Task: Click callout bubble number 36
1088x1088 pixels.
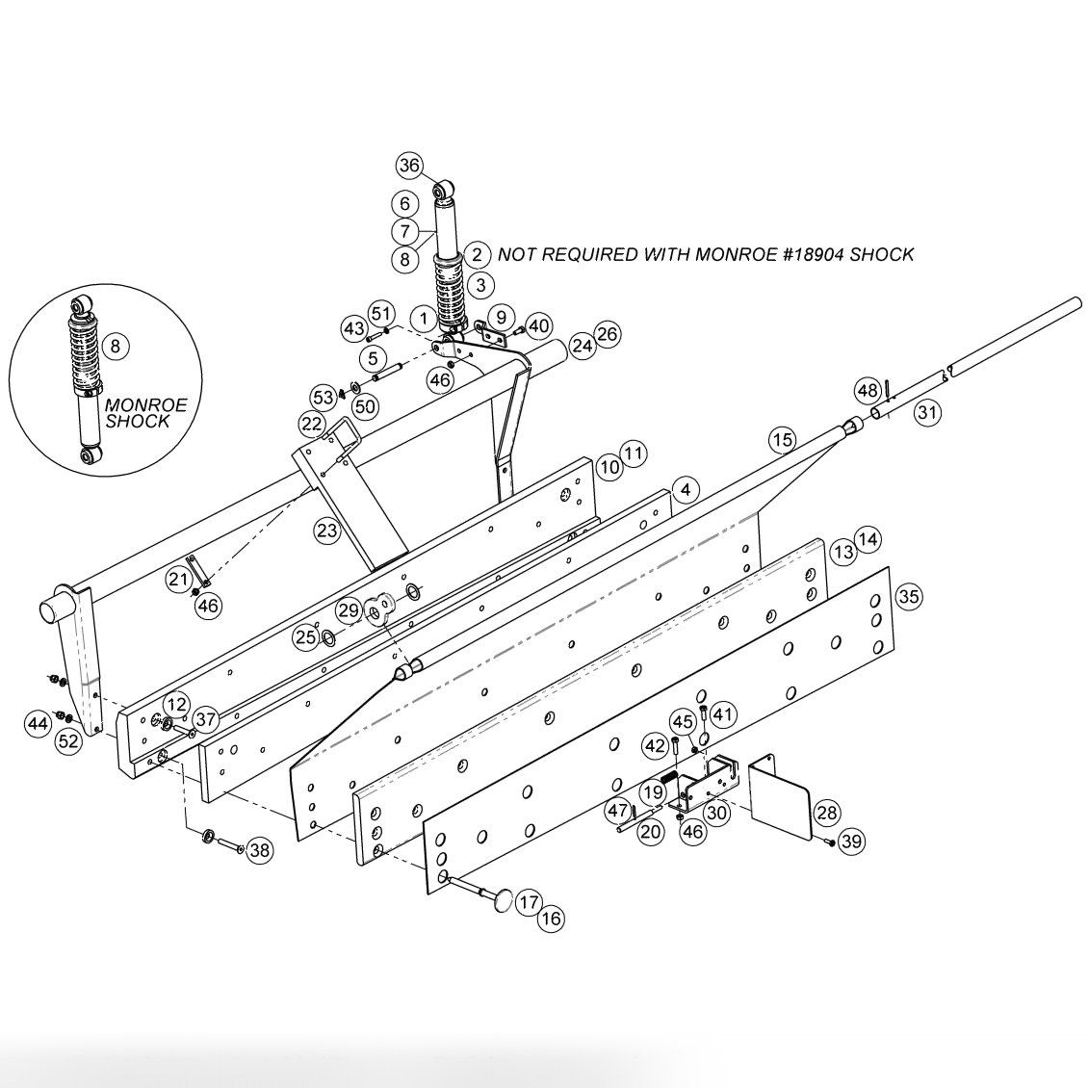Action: pyautogui.click(x=410, y=166)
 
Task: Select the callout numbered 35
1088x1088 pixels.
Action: pyautogui.click(x=908, y=596)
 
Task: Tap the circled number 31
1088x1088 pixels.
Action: pyautogui.click(x=926, y=413)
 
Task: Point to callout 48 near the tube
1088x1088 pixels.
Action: pyautogui.click(x=868, y=389)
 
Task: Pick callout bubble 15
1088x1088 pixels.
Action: pyautogui.click(x=783, y=440)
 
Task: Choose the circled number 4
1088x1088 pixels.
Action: pyautogui.click(x=684, y=489)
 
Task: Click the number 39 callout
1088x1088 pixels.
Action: pyautogui.click(x=850, y=842)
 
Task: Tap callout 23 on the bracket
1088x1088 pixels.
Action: pyautogui.click(x=327, y=529)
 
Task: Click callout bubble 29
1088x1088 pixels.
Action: pyautogui.click(x=348, y=609)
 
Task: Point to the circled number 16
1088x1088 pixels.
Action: pyautogui.click(x=551, y=919)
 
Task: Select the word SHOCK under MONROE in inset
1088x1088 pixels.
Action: pyautogui.click(x=138, y=421)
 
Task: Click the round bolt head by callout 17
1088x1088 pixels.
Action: pyautogui.click(x=499, y=900)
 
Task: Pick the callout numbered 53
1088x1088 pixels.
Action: pyautogui.click(x=323, y=396)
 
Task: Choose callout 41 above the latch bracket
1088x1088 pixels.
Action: pyautogui.click(x=723, y=714)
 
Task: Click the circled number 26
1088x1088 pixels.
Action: pyautogui.click(x=608, y=334)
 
